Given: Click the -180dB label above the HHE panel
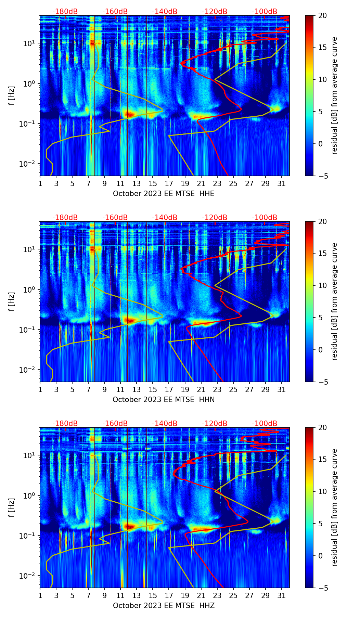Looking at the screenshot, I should (65, 12).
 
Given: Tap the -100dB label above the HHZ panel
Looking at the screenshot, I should (265, 424).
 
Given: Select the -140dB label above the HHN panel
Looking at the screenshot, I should (165, 218).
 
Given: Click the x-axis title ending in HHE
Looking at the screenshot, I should (164, 194).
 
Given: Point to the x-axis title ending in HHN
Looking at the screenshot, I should (164, 400).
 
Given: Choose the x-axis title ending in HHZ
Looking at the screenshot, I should (164, 606).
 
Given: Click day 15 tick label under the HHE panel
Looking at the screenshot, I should (153, 184).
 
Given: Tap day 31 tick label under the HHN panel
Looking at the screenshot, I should (282, 390).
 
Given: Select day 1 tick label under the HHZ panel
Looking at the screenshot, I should (40, 596).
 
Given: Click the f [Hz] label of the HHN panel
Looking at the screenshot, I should (12, 301).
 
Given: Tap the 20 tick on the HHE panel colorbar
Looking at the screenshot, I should (322, 16).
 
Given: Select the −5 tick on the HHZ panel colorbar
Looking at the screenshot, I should (322, 588).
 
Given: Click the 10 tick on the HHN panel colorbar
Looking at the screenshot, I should (322, 286).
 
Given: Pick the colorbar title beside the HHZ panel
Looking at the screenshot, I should (334, 507).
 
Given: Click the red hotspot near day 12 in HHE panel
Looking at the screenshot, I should (129, 114).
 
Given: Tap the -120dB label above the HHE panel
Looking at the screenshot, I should (215, 12).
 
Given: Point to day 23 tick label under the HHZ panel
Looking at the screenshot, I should (217, 596).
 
